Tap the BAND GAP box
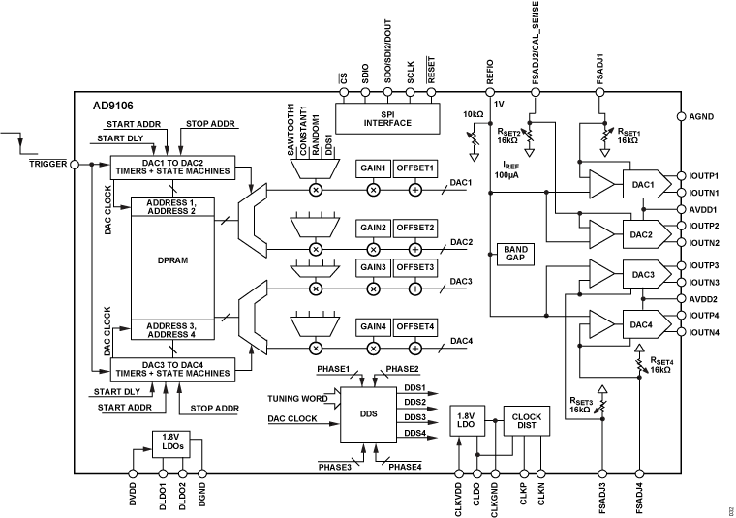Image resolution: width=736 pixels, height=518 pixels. [x=514, y=254]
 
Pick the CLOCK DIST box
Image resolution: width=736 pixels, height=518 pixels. [x=522, y=423]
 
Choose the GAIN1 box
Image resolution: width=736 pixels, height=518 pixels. [x=373, y=168]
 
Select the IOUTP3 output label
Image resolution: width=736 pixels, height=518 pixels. [x=704, y=264]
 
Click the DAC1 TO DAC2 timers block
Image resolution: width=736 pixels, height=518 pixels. [x=170, y=166]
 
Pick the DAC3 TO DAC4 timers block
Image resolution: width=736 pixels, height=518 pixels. [x=170, y=369]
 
